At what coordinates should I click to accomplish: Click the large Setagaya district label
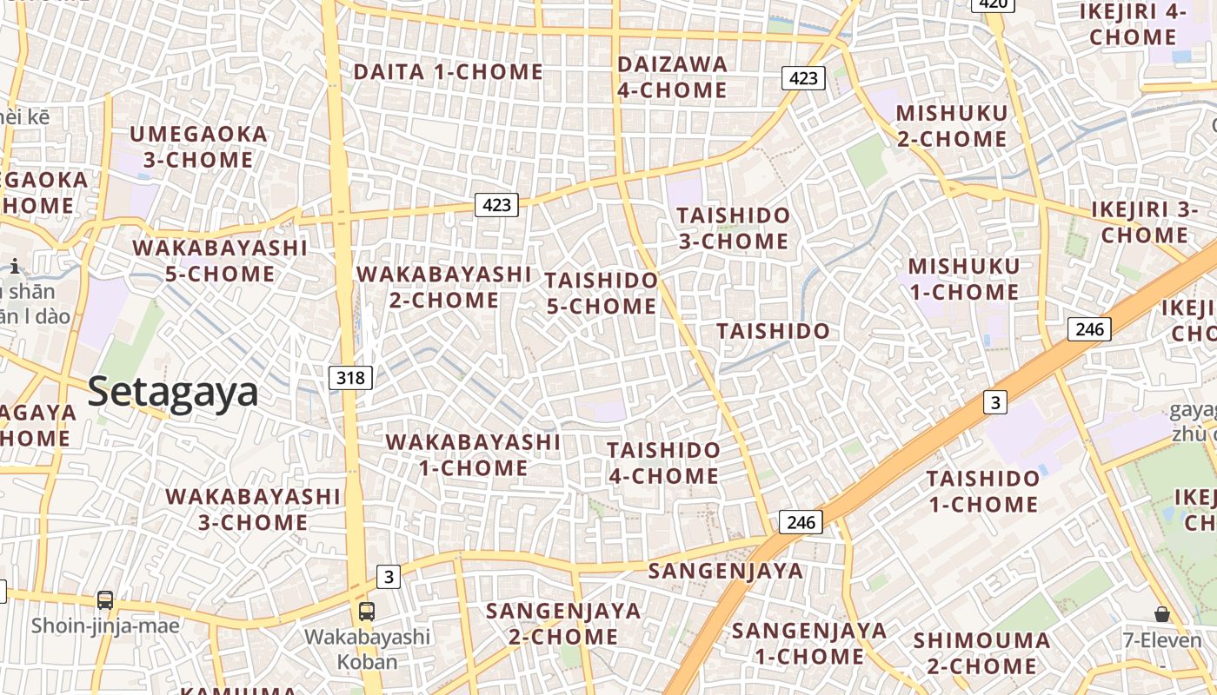click(173, 392)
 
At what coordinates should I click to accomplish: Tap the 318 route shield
click(351, 378)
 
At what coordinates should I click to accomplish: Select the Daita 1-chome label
click(449, 72)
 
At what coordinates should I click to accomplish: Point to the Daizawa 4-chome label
click(672, 76)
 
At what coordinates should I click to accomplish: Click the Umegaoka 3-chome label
click(198, 147)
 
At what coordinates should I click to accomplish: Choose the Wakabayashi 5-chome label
click(220, 261)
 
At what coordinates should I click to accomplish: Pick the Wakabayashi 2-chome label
click(444, 287)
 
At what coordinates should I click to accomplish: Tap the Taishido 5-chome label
click(602, 293)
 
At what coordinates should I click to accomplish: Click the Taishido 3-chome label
click(734, 228)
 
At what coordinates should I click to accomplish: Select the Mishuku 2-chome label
click(951, 126)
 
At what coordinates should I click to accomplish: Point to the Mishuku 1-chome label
click(963, 279)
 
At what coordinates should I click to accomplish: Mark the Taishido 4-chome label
click(663, 463)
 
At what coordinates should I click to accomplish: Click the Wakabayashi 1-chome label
click(473, 454)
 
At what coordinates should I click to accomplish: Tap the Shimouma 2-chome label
click(981, 653)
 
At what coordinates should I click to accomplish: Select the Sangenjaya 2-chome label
click(563, 623)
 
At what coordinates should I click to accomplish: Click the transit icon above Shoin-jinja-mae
click(105, 599)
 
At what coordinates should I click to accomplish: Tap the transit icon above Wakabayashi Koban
click(367, 611)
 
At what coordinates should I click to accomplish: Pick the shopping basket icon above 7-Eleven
click(1161, 614)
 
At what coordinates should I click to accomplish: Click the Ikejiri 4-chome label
click(1133, 24)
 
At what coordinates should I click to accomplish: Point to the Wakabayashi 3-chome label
click(253, 509)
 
